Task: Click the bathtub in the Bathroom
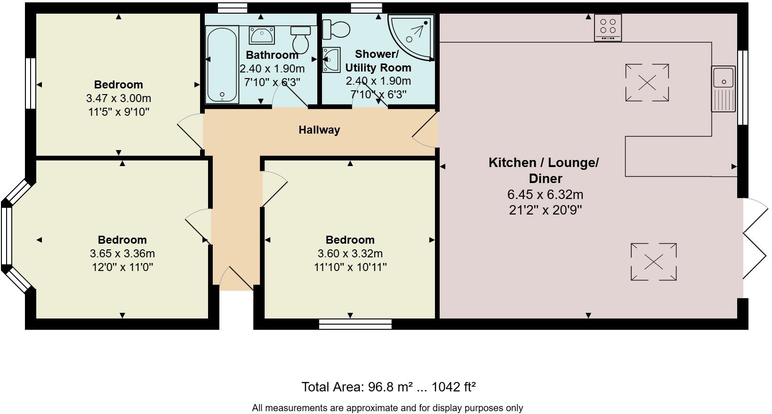click(x=222, y=64)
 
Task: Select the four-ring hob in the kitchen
click(x=608, y=27)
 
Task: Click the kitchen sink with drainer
click(x=723, y=88)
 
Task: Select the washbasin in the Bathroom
click(x=262, y=35)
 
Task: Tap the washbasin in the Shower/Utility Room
click(x=331, y=60)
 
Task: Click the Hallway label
click(x=319, y=130)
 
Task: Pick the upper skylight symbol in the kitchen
click(x=647, y=83)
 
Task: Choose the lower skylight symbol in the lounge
click(x=653, y=262)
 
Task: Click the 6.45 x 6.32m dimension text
click(x=545, y=194)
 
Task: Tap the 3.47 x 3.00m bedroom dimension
click(x=118, y=98)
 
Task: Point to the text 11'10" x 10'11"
click(x=350, y=267)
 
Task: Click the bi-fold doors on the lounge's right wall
click(x=755, y=240)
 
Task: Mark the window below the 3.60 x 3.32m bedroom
click(x=355, y=324)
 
